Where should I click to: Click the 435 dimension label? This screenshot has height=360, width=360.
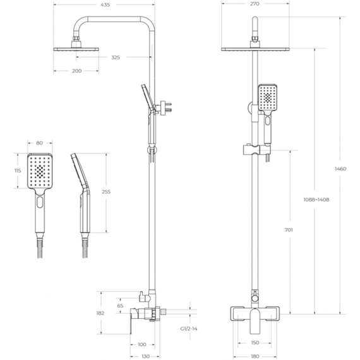coord(105,5)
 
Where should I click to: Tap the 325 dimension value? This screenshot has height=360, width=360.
coord(116,57)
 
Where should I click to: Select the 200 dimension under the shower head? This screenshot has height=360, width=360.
coord(76,71)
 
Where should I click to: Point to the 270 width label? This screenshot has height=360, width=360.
coord(255,4)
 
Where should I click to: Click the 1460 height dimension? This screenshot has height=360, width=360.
coord(340,169)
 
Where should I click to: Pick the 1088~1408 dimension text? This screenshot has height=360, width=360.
coord(316,200)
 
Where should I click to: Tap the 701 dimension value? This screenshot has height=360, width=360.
coord(289,230)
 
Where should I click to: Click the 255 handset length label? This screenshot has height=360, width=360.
coord(106,192)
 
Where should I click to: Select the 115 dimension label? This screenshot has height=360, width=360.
coord(18,171)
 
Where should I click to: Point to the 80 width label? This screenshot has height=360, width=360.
coord(40,143)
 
